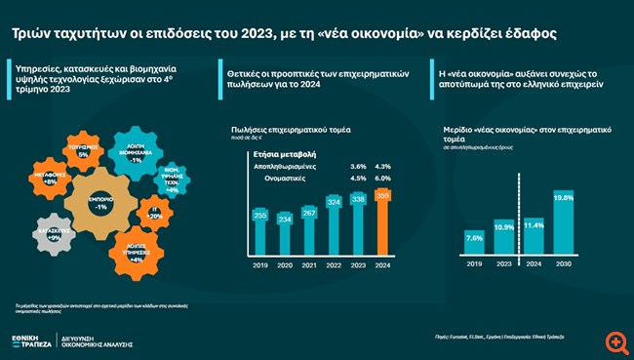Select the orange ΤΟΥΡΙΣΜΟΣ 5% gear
[83, 151]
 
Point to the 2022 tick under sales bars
[334, 262]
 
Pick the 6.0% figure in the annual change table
[382, 179]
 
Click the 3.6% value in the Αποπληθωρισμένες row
[358, 167]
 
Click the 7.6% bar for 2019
[475, 244]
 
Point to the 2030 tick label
[564, 263]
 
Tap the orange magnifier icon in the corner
[615, 341]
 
